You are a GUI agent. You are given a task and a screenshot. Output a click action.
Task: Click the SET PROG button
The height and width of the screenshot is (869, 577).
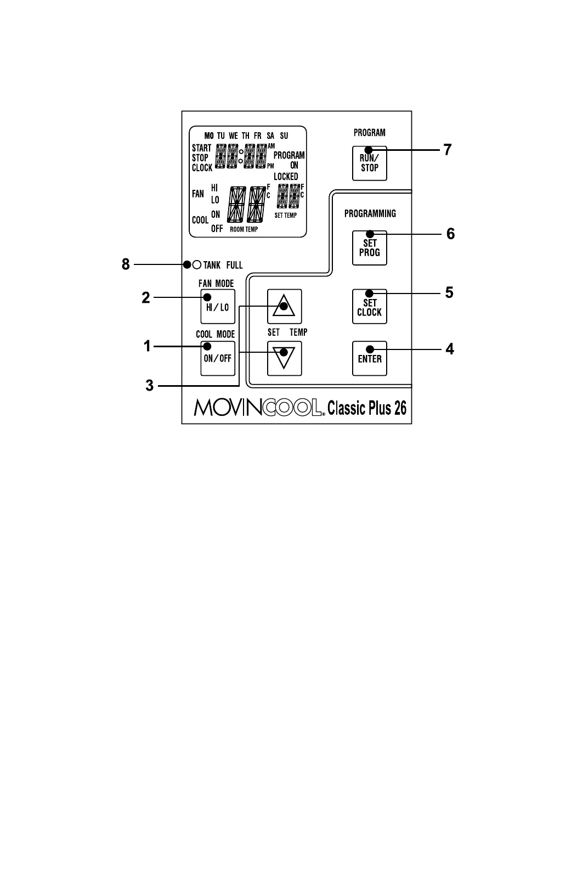(x=369, y=248)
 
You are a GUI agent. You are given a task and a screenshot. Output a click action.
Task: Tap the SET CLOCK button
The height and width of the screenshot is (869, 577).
(x=369, y=307)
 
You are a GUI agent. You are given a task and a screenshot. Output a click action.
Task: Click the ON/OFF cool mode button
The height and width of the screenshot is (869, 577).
(x=217, y=358)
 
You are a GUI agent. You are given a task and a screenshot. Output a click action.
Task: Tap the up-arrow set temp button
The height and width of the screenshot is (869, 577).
(x=284, y=306)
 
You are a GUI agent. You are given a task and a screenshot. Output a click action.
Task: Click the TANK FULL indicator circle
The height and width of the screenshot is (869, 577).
(x=196, y=265)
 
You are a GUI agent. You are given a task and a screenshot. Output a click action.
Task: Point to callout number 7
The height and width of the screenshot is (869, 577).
(x=448, y=150)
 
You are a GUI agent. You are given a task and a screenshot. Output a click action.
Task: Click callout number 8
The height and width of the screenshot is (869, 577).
(x=126, y=265)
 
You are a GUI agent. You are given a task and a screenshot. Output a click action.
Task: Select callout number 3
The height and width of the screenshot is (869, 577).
(x=150, y=386)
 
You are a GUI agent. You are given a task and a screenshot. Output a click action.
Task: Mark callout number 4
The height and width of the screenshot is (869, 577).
(x=449, y=349)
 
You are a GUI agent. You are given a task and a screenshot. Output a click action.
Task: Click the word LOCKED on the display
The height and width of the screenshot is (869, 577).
(x=286, y=177)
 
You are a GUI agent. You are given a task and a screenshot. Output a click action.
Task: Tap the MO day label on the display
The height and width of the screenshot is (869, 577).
(x=209, y=136)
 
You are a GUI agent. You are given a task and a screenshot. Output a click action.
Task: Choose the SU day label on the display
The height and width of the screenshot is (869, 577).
(x=284, y=136)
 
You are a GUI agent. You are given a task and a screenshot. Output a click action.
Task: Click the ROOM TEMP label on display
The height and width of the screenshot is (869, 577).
(x=244, y=229)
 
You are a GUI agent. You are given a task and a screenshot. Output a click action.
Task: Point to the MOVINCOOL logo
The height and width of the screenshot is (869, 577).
(x=258, y=408)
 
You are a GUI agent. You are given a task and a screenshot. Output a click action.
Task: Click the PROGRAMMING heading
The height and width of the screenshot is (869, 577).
(x=370, y=214)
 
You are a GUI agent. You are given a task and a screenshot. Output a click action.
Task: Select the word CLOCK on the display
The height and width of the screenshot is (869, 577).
(x=201, y=168)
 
